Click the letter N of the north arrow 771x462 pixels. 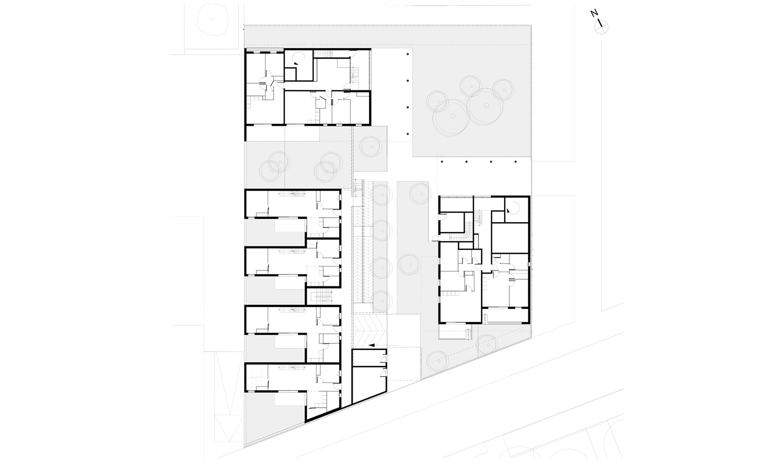pyautogui.click(x=593, y=13)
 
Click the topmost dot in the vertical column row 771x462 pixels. pyautogui.click(x=408, y=54)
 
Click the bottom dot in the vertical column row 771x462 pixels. pyautogui.click(x=408, y=133)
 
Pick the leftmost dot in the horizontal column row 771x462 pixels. pyautogui.click(x=442, y=162)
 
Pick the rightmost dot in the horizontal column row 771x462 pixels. pyautogui.click(x=516, y=162)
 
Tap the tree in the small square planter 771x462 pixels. pyautogui.click(x=371, y=146)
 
